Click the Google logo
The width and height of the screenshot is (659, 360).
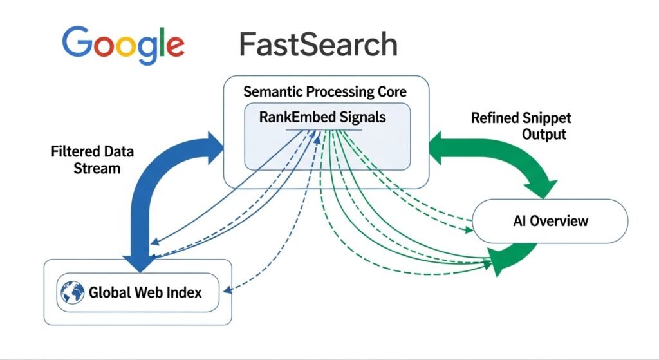(x=123, y=44)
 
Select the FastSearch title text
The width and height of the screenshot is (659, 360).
(x=318, y=44)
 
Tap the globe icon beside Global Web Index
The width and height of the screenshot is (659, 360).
(x=72, y=292)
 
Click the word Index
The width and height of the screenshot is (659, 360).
(x=185, y=292)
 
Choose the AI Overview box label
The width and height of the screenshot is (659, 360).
(x=550, y=221)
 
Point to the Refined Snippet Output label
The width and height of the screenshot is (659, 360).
(x=520, y=126)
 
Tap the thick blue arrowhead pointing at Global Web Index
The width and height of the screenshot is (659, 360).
(x=140, y=263)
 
